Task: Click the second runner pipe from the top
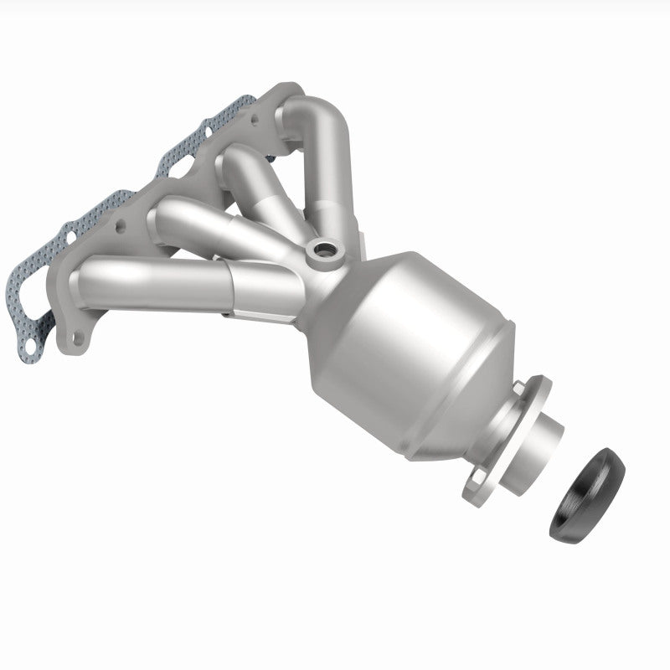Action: click(251, 167)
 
